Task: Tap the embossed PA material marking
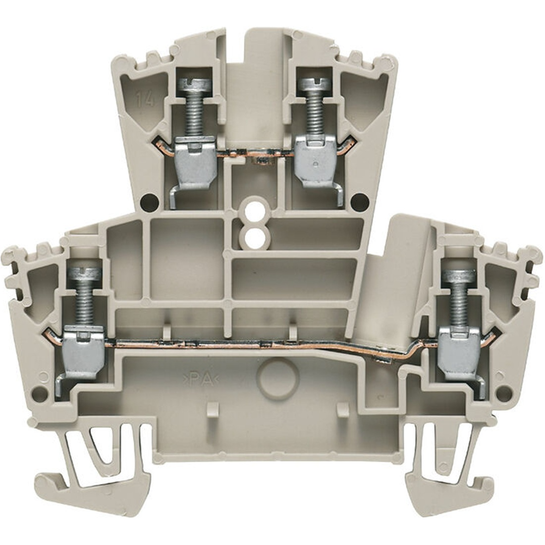201,380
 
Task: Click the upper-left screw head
194,84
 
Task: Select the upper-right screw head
316,84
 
